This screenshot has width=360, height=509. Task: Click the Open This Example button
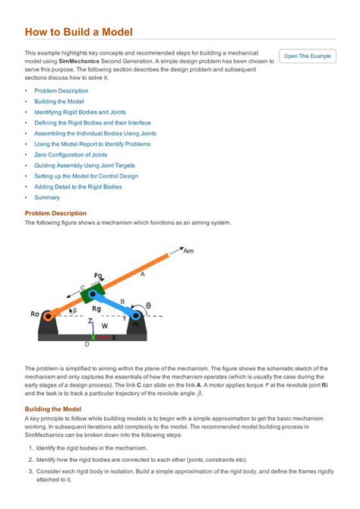click(x=308, y=56)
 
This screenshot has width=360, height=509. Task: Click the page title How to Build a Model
click(x=78, y=32)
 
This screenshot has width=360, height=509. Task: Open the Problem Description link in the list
click(x=61, y=90)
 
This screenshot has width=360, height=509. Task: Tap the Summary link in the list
click(x=46, y=197)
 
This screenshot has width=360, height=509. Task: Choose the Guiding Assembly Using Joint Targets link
click(x=84, y=165)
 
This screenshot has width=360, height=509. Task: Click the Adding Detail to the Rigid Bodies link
click(x=77, y=186)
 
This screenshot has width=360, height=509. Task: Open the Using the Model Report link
click(x=92, y=144)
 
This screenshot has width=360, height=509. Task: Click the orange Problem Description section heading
click(x=55, y=213)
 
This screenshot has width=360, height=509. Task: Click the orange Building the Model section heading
click(x=53, y=409)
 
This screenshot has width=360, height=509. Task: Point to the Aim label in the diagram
click(x=188, y=250)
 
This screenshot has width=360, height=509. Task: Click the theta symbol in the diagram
click(x=148, y=305)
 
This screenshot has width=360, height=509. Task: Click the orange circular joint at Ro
click(x=49, y=315)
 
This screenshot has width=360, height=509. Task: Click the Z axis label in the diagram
click(x=90, y=321)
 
